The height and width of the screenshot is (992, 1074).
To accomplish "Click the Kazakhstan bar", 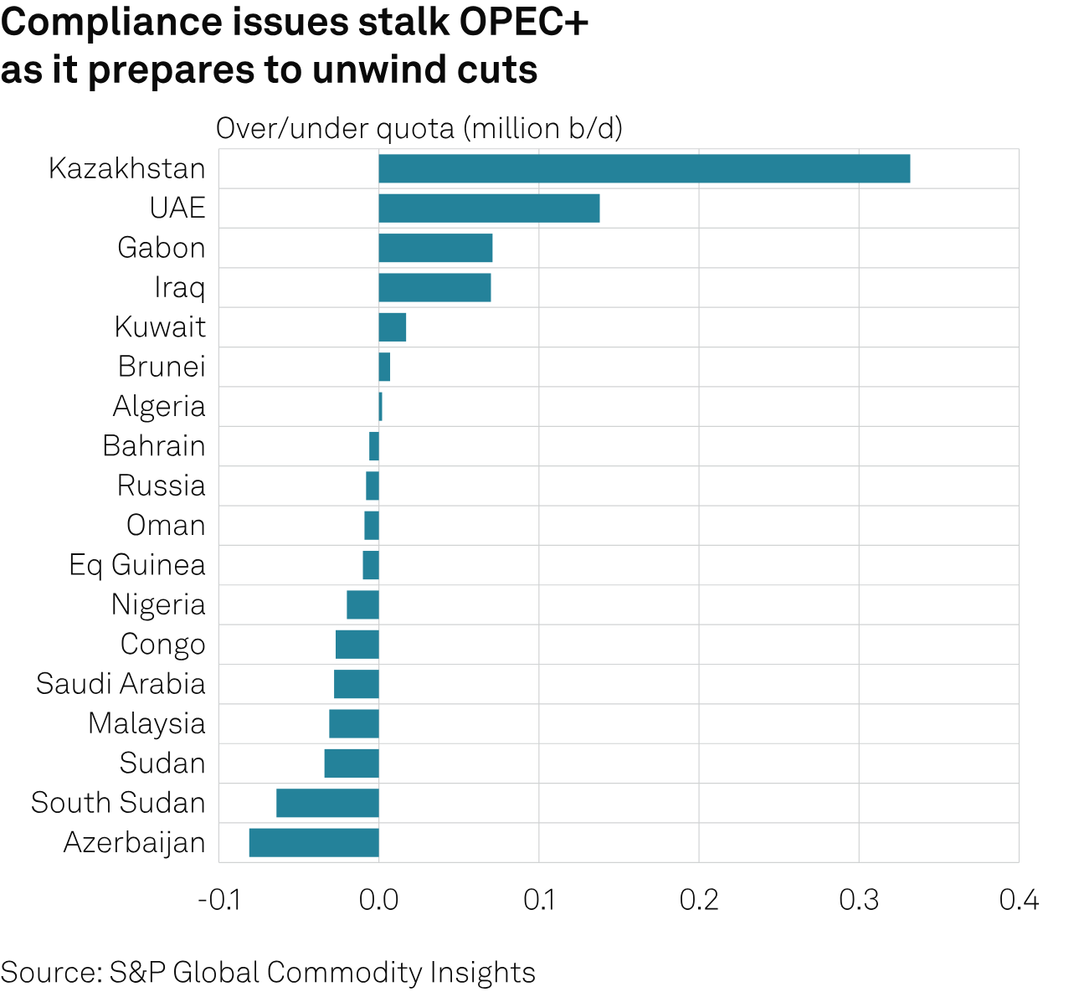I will [x=644, y=168].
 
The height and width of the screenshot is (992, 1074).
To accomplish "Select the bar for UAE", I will [x=489, y=208].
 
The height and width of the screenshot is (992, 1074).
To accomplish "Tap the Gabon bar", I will [x=435, y=248].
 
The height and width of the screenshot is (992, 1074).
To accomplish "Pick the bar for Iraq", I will [x=434, y=287].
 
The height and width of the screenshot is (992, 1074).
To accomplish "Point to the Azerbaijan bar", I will [x=314, y=842].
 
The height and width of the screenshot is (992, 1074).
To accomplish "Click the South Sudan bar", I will [x=327, y=803].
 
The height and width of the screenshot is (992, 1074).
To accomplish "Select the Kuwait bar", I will [x=393, y=327].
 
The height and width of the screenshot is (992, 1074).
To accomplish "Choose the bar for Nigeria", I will [x=362, y=604].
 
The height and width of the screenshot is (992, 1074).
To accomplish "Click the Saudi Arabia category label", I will [x=121, y=684].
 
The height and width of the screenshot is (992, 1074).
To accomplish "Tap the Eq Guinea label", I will [x=137, y=565].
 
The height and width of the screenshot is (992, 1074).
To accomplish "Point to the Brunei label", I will [x=162, y=367].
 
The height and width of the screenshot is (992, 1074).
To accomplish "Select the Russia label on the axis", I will [x=162, y=486].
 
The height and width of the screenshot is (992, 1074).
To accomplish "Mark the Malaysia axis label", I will [x=146, y=723].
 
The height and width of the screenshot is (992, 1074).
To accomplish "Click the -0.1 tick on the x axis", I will [x=218, y=900].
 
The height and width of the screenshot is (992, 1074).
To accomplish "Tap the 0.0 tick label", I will [x=378, y=900].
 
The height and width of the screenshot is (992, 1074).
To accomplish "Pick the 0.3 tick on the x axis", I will [x=859, y=900].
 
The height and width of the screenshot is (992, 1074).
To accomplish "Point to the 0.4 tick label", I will [x=1019, y=900].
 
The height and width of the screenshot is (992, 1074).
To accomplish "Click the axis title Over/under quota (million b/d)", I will [x=419, y=129].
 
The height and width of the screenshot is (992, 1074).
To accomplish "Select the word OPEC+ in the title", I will [x=524, y=23].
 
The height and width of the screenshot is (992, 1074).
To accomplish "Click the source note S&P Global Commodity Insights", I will [x=268, y=973].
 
